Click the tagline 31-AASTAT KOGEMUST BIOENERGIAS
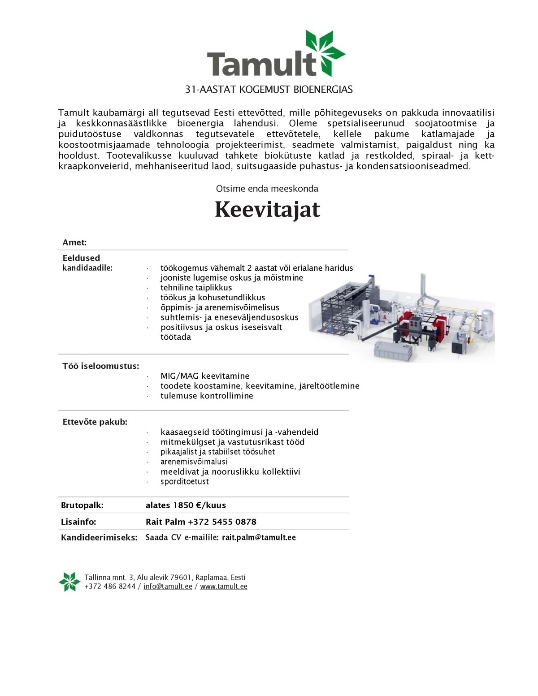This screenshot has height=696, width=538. [269, 89]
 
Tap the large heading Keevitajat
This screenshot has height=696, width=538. [267, 209]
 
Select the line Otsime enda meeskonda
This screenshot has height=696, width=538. [267, 189]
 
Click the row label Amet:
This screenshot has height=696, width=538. [74, 242]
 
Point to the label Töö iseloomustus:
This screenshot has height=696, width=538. [100, 366]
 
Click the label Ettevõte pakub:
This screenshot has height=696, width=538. [95, 422]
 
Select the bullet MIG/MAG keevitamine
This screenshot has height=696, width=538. [205, 376]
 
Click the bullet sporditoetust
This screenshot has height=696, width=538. [185, 482]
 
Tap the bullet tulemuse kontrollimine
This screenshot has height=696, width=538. [207, 396]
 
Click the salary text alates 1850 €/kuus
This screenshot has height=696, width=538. [186, 505]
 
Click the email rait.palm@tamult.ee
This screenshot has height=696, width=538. [259, 537]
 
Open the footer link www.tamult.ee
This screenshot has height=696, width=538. [224, 587]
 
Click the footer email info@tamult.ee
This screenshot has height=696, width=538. [168, 587]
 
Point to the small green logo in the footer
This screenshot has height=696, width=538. [69, 582]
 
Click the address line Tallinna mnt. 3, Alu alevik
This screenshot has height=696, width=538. [165, 577]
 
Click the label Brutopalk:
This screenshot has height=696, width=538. [82, 505]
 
